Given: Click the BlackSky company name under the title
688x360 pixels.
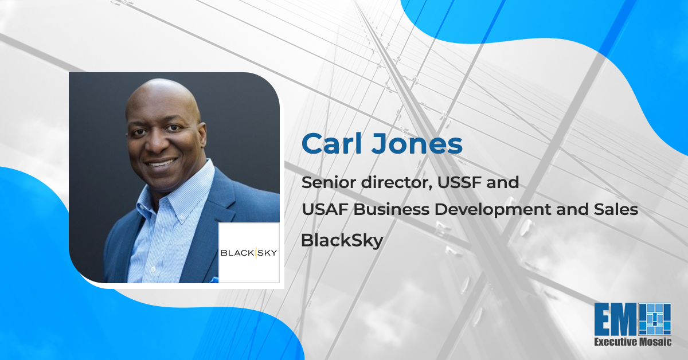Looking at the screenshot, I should pyautogui.click(x=342, y=241).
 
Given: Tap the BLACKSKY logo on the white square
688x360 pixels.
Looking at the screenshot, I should pyautogui.click(x=249, y=252).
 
